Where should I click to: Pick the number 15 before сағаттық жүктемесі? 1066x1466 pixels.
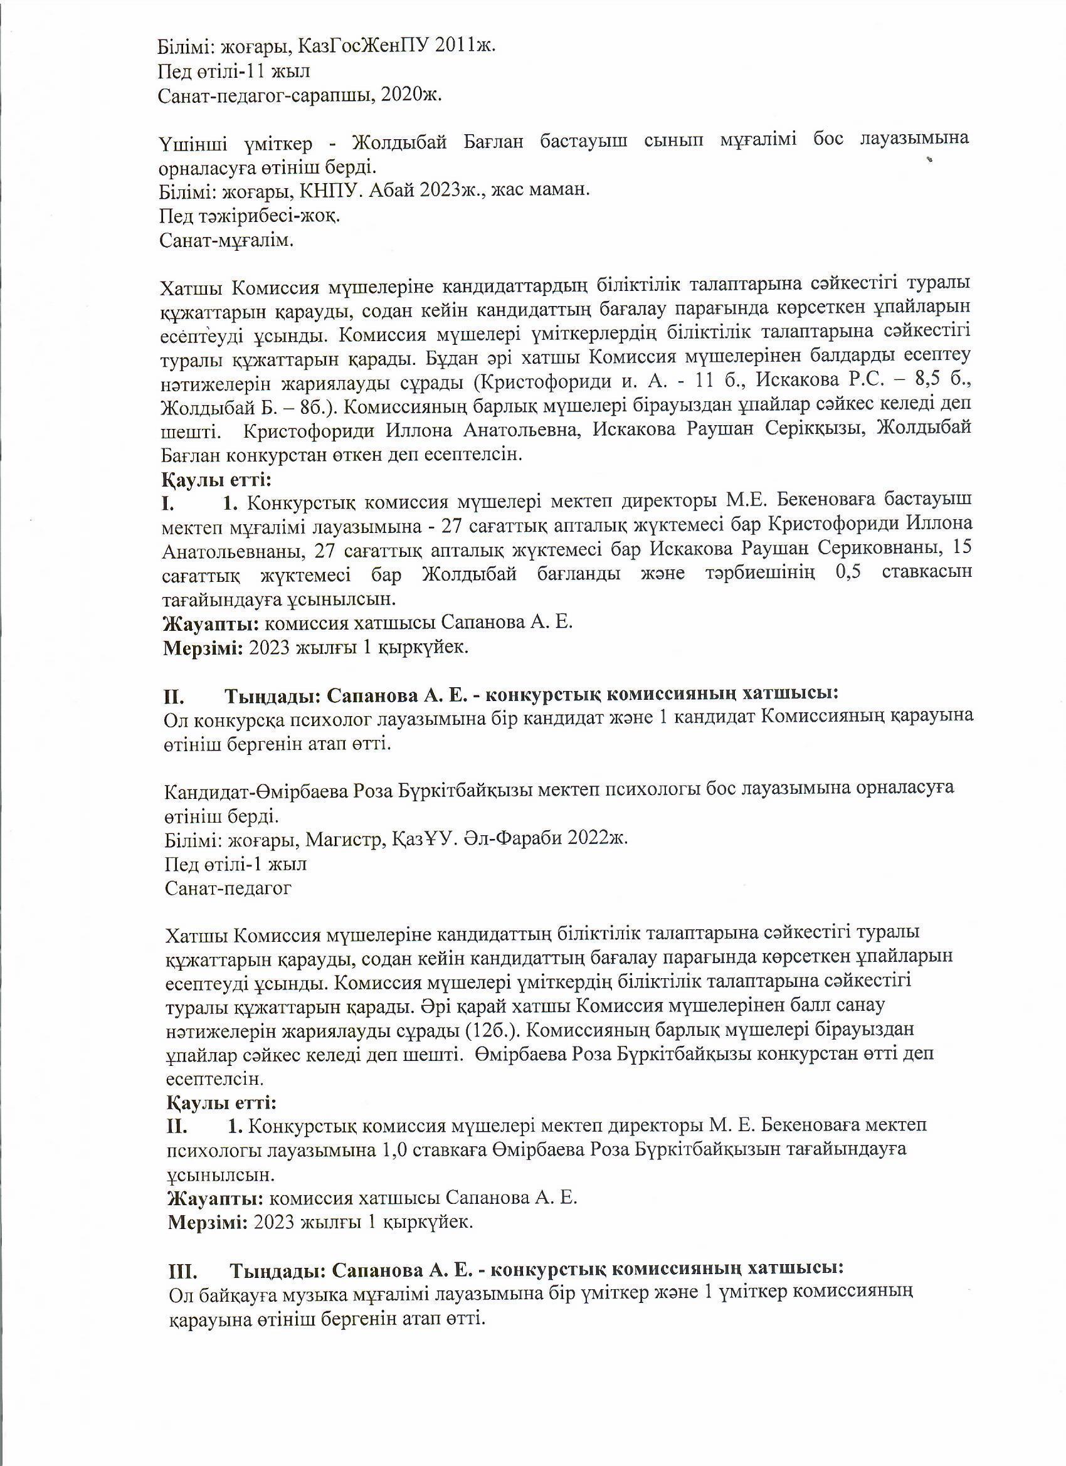pos(961,549)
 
